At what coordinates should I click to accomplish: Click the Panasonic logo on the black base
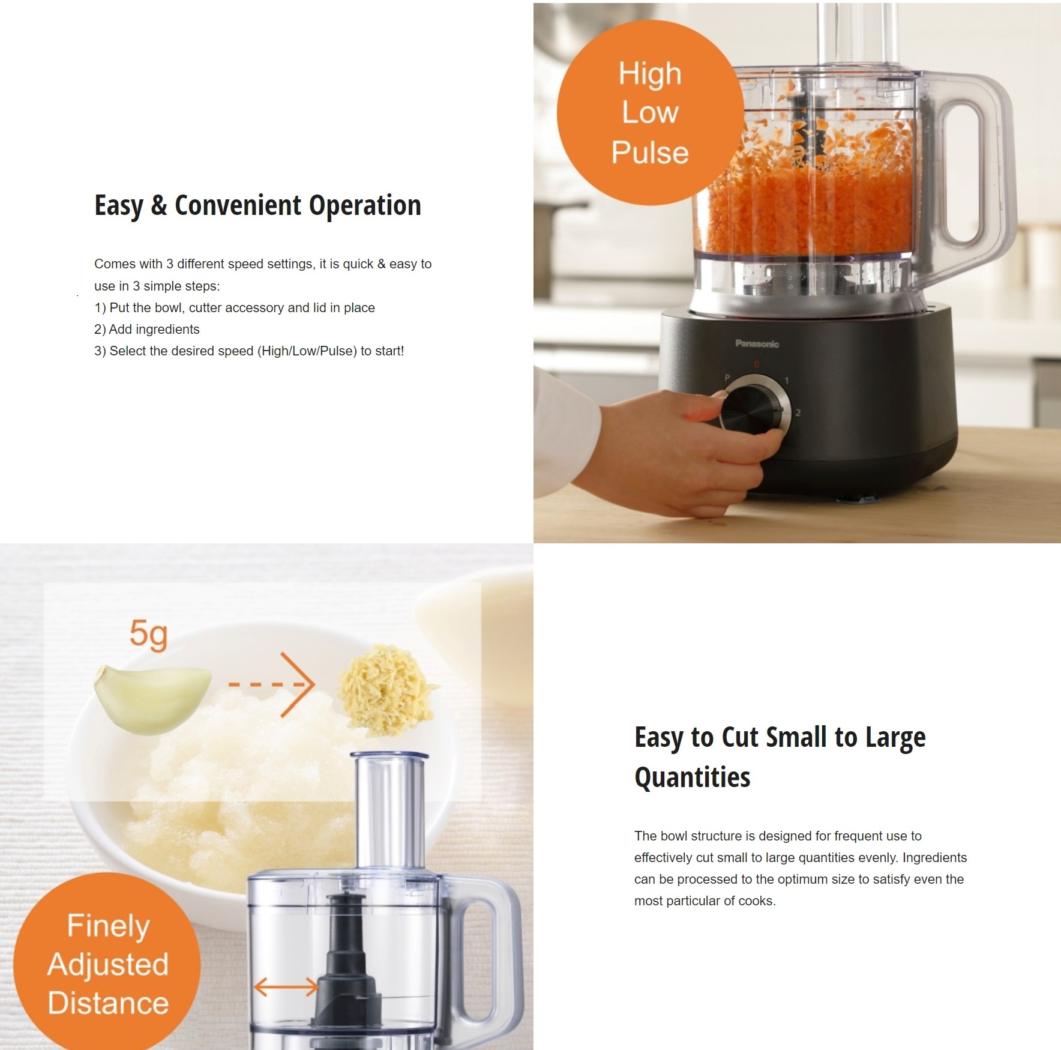coord(757,343)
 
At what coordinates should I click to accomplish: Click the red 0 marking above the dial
coord(756,364)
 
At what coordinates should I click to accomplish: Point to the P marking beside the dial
coord(727,378)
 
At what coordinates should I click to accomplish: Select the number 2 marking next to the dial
coord(798,413)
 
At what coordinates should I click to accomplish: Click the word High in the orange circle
coord(650,74)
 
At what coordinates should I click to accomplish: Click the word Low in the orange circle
coord(650,112)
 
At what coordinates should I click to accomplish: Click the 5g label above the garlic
coord(148,635)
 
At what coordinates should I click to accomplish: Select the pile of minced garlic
coord(386,690)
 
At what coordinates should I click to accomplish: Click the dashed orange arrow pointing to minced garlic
coord(272,684)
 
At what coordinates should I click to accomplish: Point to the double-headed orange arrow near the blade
coord(286,987)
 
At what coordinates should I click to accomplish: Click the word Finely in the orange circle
coord(108,926)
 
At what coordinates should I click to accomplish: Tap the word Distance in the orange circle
coord(108,1003)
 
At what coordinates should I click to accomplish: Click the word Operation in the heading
coord(365,207)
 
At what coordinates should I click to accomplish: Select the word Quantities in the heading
coord(692,778)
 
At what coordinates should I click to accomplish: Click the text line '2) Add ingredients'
coord(147,330)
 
